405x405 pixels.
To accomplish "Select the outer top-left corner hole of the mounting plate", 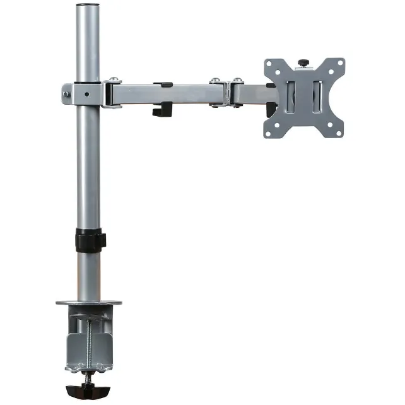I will tap(269, 64).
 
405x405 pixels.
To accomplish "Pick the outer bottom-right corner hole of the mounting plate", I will tap(339, 132).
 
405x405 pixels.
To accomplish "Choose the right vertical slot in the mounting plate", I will tap(318, 98).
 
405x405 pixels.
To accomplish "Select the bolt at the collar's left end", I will tap(66, 94).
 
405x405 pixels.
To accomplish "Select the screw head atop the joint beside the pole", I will tap(113, 79).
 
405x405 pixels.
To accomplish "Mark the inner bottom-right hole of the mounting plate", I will tap(328, 120).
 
